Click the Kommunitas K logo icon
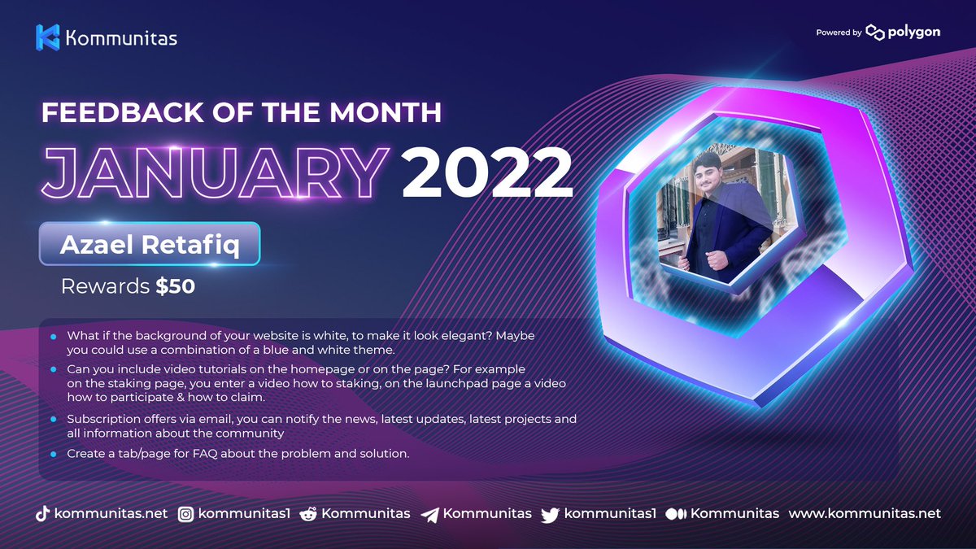coord(48,37)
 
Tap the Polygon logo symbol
coord(875,33)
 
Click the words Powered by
coord(839,33)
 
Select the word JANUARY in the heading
coord(214,172)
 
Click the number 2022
coord(481,172)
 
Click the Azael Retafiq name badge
coord(150,243)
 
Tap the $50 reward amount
coord(176,286)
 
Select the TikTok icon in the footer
coord(42,514)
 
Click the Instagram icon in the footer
coord(186,514)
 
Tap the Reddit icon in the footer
coord(308,514)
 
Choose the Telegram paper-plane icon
coord(430,514)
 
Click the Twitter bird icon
coord(551,514)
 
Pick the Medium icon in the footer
coord(676,514)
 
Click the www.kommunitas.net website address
coord(865,513)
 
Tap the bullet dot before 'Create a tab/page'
coord(54,454)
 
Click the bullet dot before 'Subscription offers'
coord(54,420)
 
